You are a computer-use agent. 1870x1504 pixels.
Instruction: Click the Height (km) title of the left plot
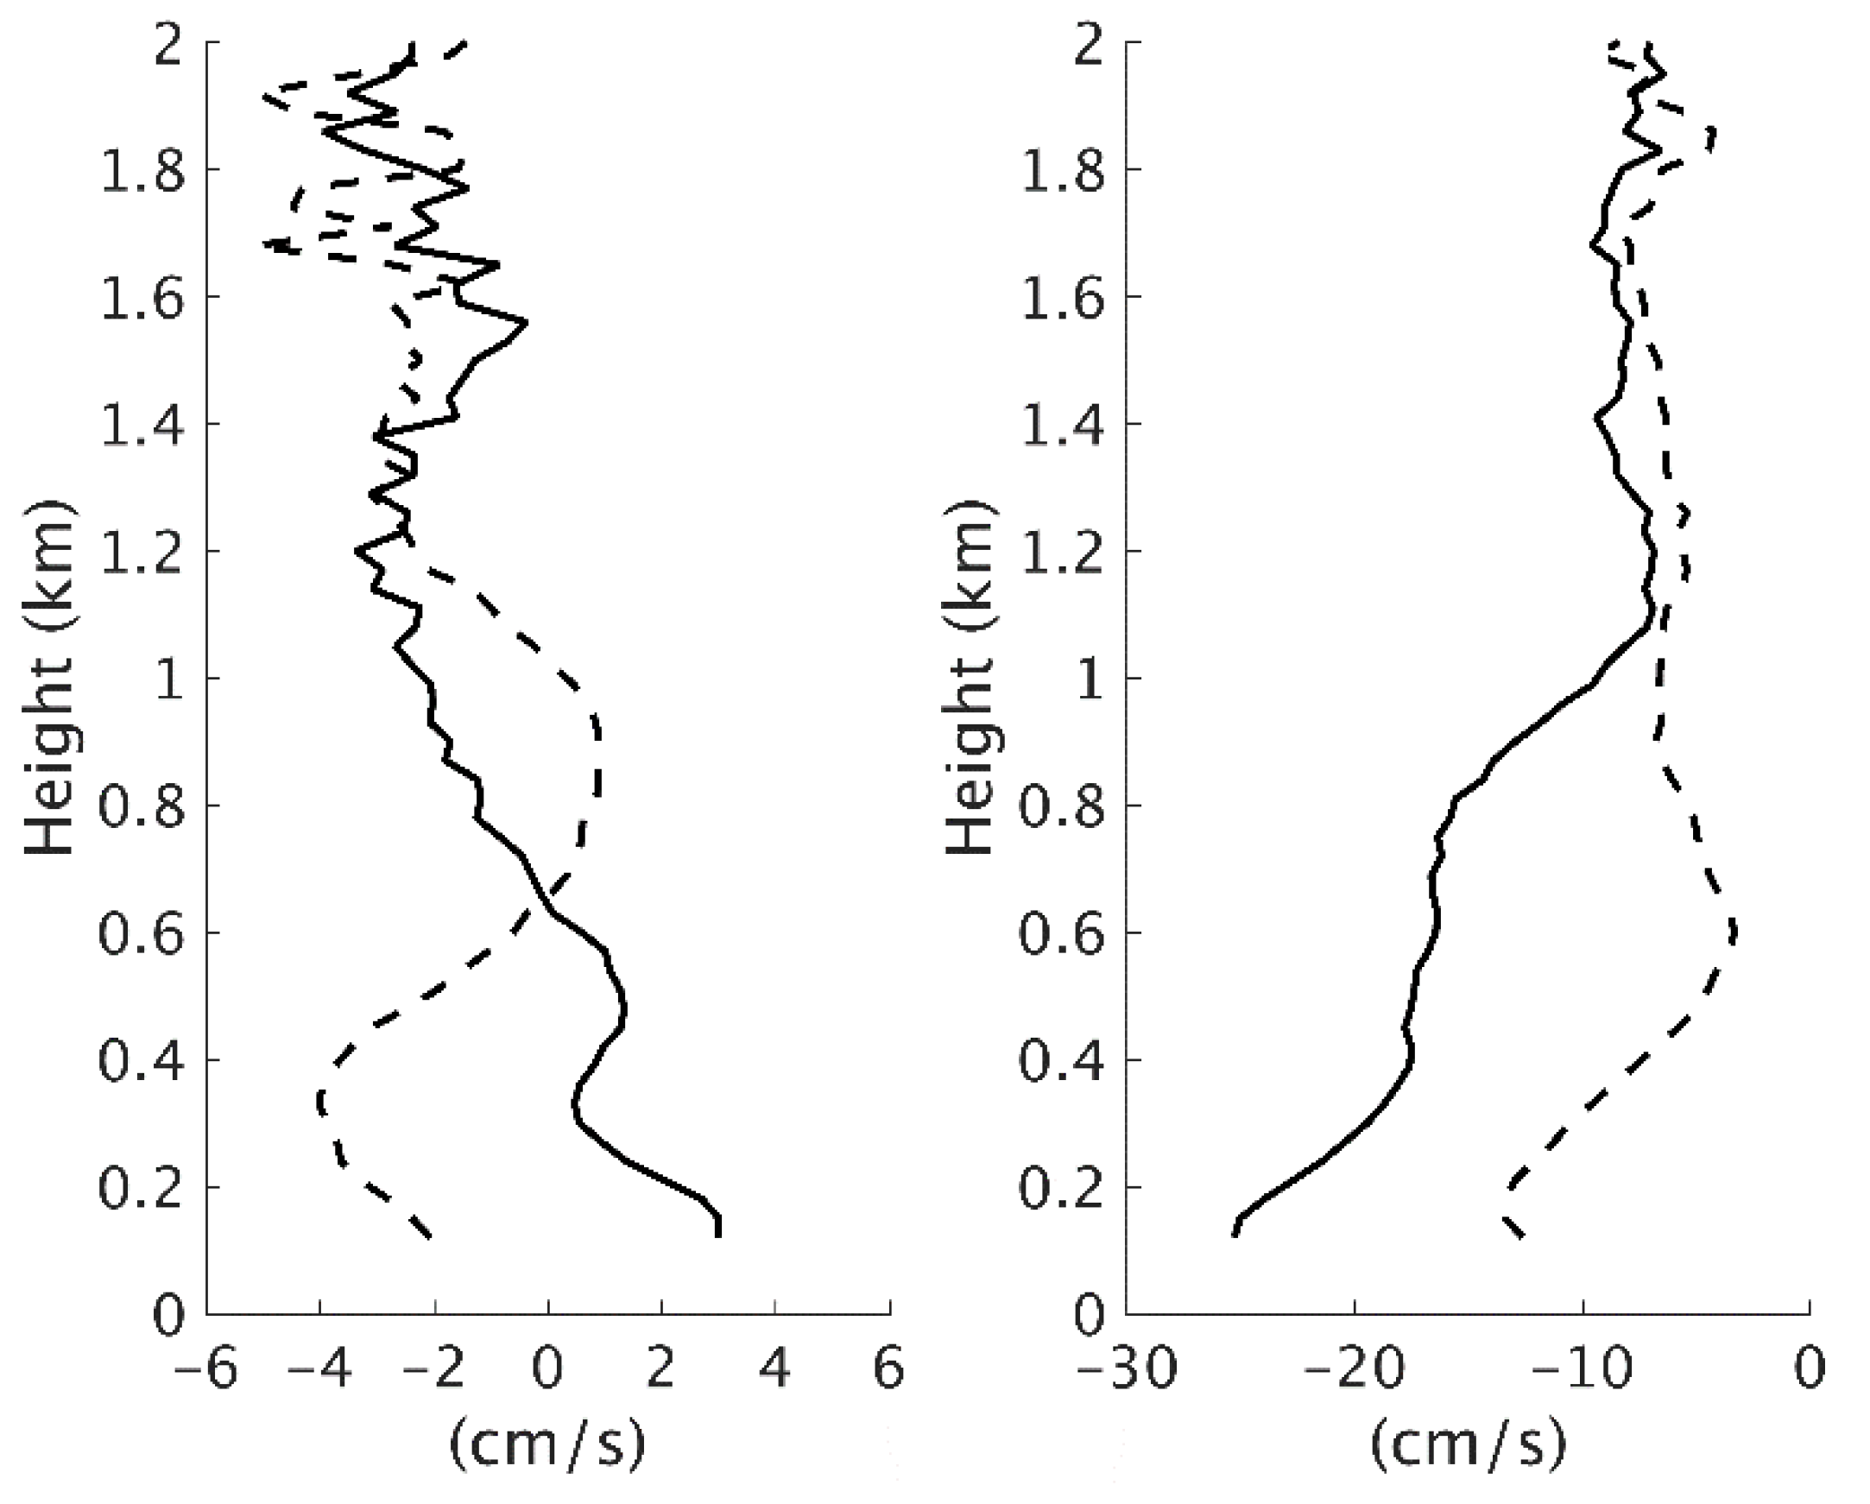tap(47, 677)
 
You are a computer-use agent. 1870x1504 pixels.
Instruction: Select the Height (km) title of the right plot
tap(969, 677)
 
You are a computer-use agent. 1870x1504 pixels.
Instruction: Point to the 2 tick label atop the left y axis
tap(169, 43)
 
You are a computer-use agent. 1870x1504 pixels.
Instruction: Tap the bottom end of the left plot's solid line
tap(718, 1235)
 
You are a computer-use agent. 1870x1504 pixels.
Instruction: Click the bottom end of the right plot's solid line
tap(1235, 1235)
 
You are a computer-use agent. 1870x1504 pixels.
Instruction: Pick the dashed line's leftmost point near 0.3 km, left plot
tap(320, 1102)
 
